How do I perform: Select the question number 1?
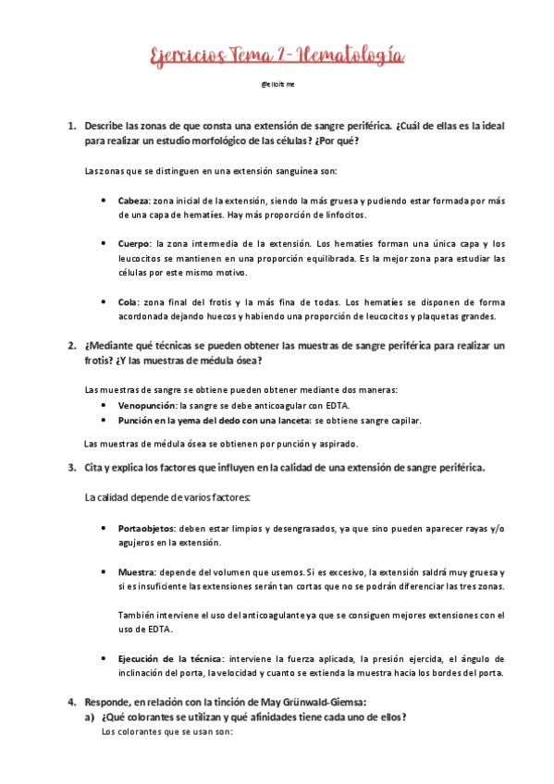click(x=71, y=125)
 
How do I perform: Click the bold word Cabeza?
click(x=135, y=201)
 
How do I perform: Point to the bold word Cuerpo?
click(x=136, y=243)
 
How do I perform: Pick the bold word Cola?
click(x=129, y=301)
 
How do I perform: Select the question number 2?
click(x=71, y=346)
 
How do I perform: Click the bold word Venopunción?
click(x=147, y=406)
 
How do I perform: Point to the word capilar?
click(x=402, y=421)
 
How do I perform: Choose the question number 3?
click(x=71, y=468)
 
